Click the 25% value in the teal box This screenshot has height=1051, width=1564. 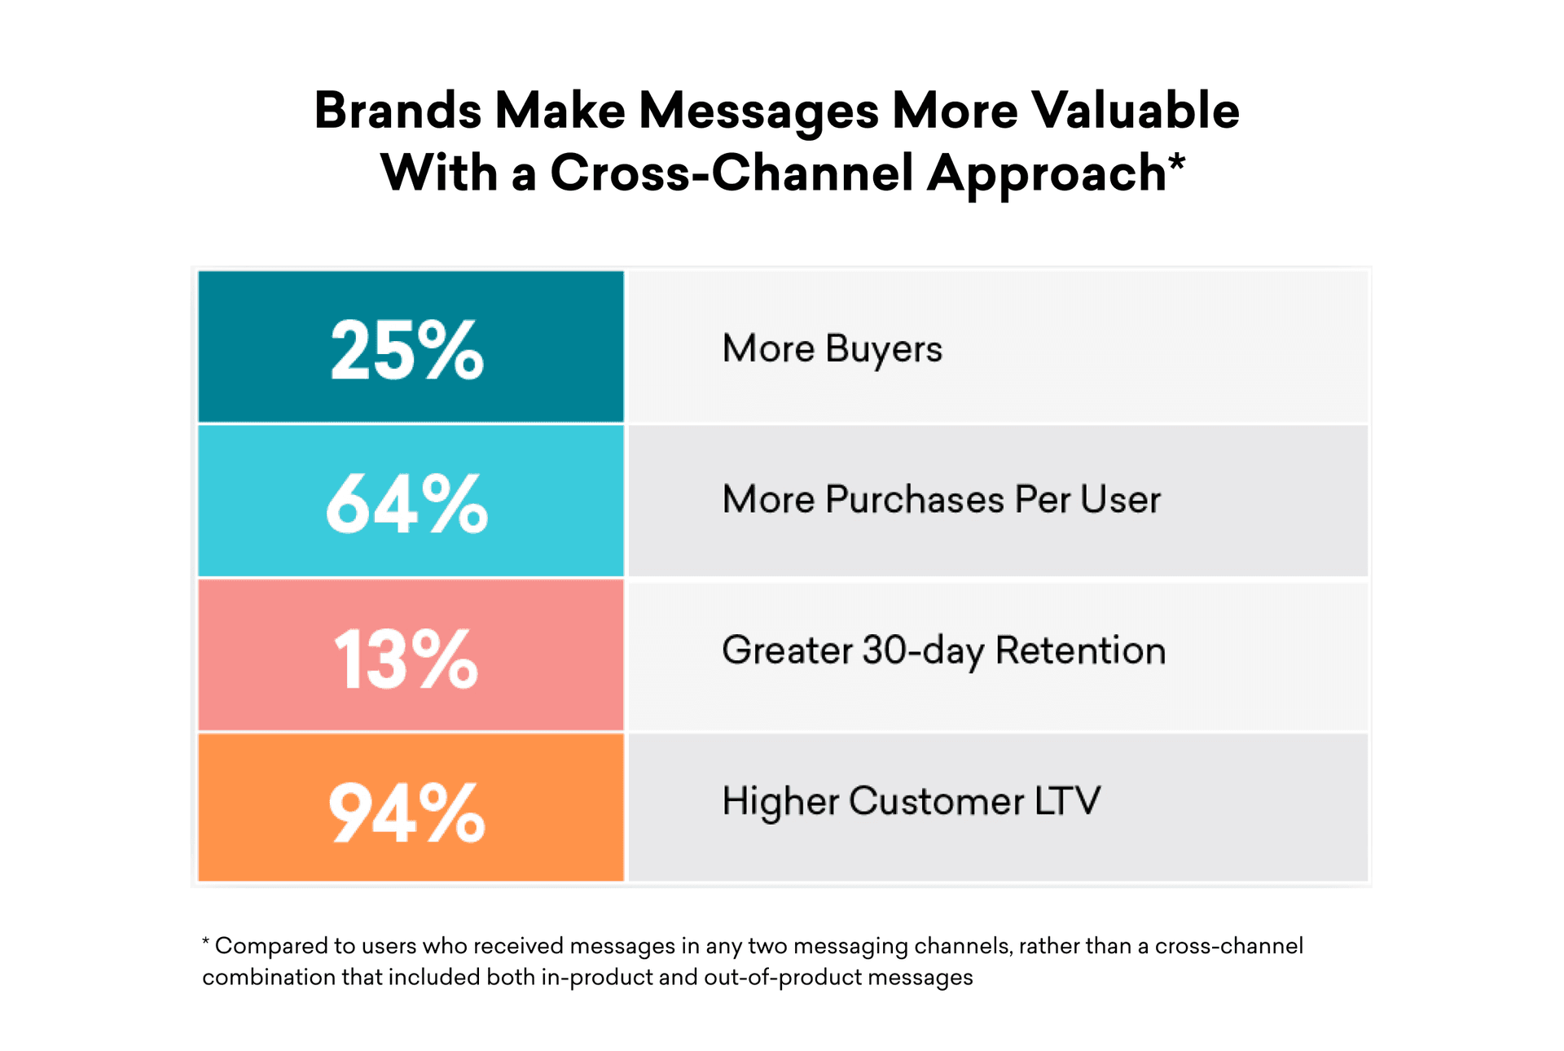[406, 350]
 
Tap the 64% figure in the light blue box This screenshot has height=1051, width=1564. [406, 504]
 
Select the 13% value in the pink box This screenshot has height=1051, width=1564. [406, 659]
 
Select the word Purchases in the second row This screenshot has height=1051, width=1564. [914, 500]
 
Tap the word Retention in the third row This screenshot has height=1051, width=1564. [1080, 650]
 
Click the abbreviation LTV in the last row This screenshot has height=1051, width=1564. [1067, 801]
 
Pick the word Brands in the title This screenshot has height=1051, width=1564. [398, 111]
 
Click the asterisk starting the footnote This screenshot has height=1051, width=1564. [206, 942]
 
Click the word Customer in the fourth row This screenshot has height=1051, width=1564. [936, 801]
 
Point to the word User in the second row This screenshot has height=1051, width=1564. [1120, 500]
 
